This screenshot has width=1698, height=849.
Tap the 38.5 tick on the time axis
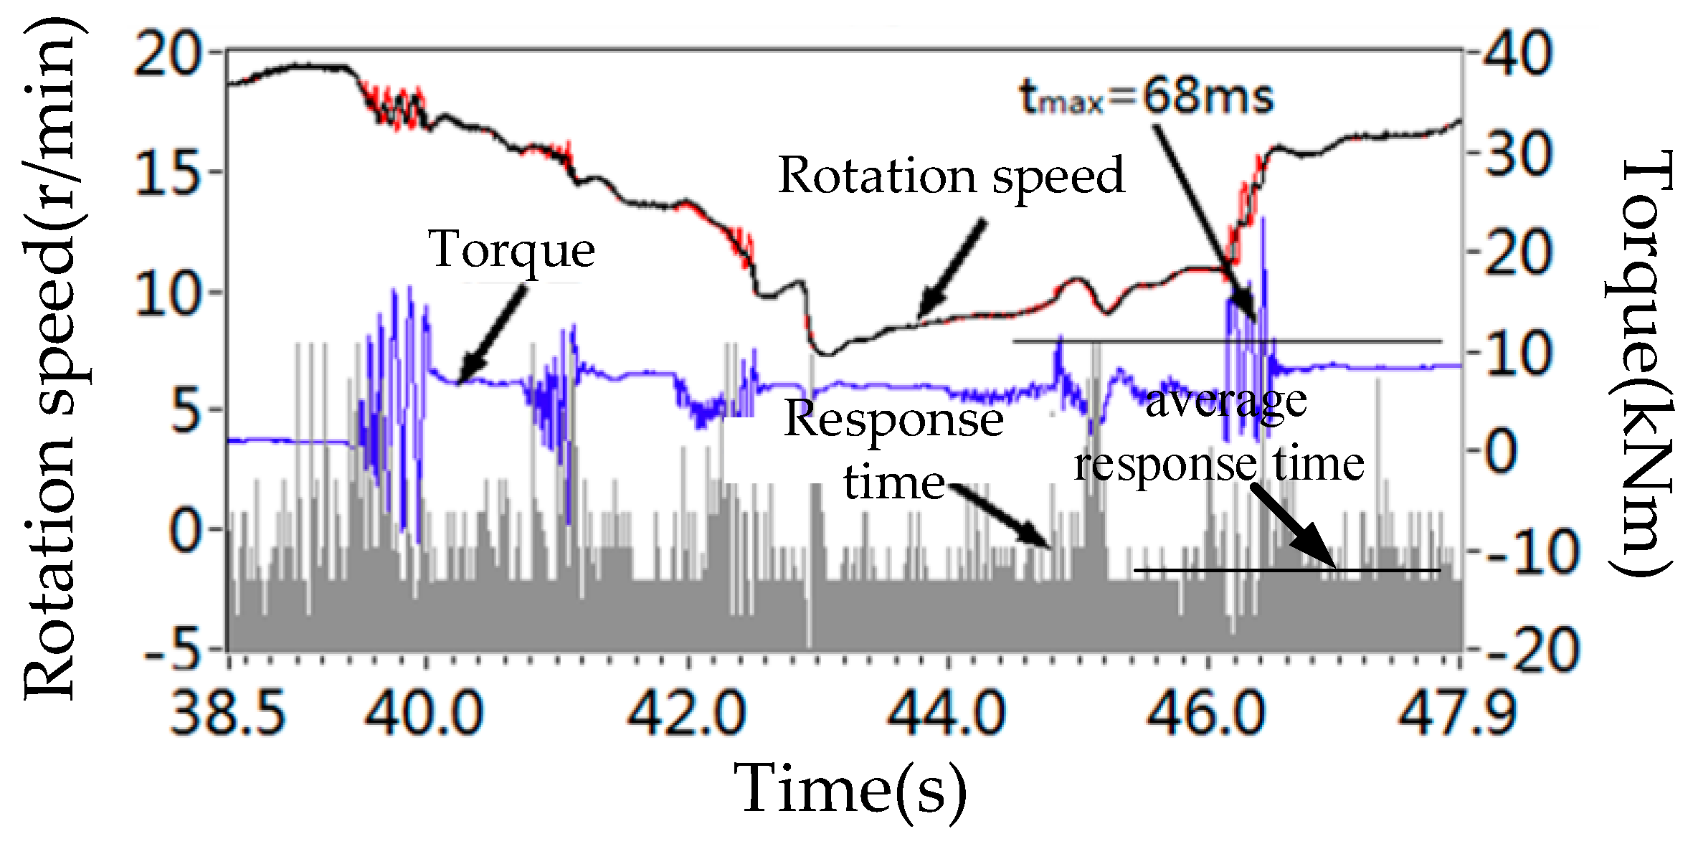coord(228,714)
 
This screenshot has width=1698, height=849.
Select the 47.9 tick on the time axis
coord(1459,714)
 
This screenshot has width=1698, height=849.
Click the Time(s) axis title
coord(850,789)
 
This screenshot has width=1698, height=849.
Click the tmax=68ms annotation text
coord(1146,98)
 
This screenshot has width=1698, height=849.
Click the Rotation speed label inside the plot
coord(951,176)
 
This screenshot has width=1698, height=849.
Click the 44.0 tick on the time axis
coord(948,714)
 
